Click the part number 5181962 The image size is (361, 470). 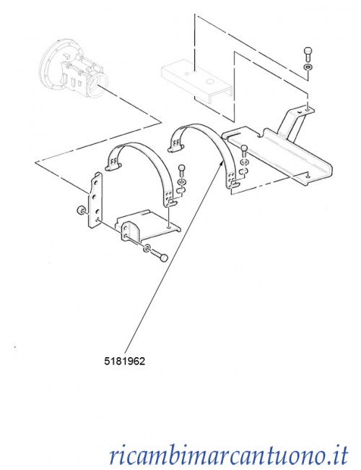pyautogui.click(x=124, y=362)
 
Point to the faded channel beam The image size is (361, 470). pyautogui.click(x=197, y=82)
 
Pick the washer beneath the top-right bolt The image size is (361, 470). pyautogui.click(x=308, y=67)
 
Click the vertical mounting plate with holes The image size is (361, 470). pyautogui.click(x=95, y=200)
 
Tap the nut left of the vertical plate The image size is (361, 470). pyautogui.click(x=80, y=210)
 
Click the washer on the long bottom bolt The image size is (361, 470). pyautogui.click(x=147, y=248)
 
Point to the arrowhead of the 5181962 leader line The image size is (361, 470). pyautogui.click(x=221, y=162)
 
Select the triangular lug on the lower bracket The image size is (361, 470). pyautogui.click(x=128, y=230)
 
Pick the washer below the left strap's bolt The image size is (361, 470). pyautogui.click(x=181, y=182)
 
